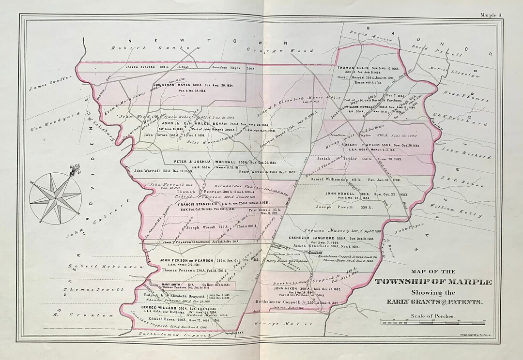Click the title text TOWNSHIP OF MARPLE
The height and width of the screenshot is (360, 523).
click(433, 282)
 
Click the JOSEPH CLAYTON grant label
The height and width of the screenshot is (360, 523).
click(140, 67)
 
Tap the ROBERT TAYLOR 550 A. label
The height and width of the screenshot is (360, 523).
click(360, 145)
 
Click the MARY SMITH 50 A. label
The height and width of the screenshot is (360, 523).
click(173, 285)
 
